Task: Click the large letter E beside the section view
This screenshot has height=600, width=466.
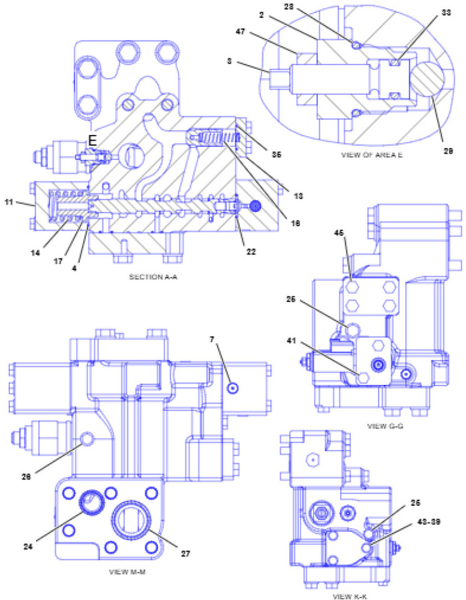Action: coord(92,142)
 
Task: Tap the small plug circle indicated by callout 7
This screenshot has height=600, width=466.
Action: coord(232,388)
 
